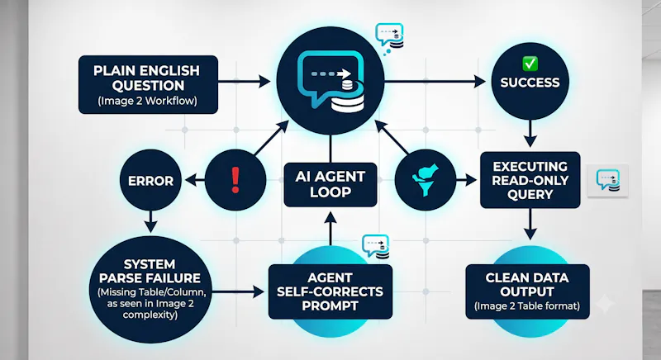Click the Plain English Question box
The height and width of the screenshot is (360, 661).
click(x=149, y=84)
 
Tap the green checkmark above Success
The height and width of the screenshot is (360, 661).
click(x=530, y=64)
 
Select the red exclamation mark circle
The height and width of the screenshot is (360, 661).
click(x=235, y=180)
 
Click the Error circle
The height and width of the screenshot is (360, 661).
click(x=150, y=180)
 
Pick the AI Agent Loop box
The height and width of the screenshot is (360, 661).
click(x=330, y=184)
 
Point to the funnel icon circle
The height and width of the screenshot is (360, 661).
click(x=426, y=180)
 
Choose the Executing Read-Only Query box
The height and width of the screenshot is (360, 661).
click(x=530, y=180)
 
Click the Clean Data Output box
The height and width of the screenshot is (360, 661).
click(x=527, y=291)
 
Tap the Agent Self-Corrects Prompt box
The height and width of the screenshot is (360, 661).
click(x=330, y=291)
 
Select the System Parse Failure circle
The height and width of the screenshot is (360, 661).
click(x=150, y=290)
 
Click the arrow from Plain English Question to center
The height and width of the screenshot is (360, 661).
click(x=245, y=81)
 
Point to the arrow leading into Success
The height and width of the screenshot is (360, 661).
click(x=435, y=81)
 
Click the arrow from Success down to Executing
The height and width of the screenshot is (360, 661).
click(x=530, y=134)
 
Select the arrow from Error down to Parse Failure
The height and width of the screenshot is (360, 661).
click(x=150, y=221)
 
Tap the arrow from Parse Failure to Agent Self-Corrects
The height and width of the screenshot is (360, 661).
click(x=238, y=291)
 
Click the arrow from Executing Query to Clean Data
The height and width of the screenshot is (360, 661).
click(x=530, y=224)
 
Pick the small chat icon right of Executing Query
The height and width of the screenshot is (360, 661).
click(x=608, y=180)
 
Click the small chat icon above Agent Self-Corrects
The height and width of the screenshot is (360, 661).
click(x=375, y=246)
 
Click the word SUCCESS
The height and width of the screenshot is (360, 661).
click(x=530, y=83)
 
